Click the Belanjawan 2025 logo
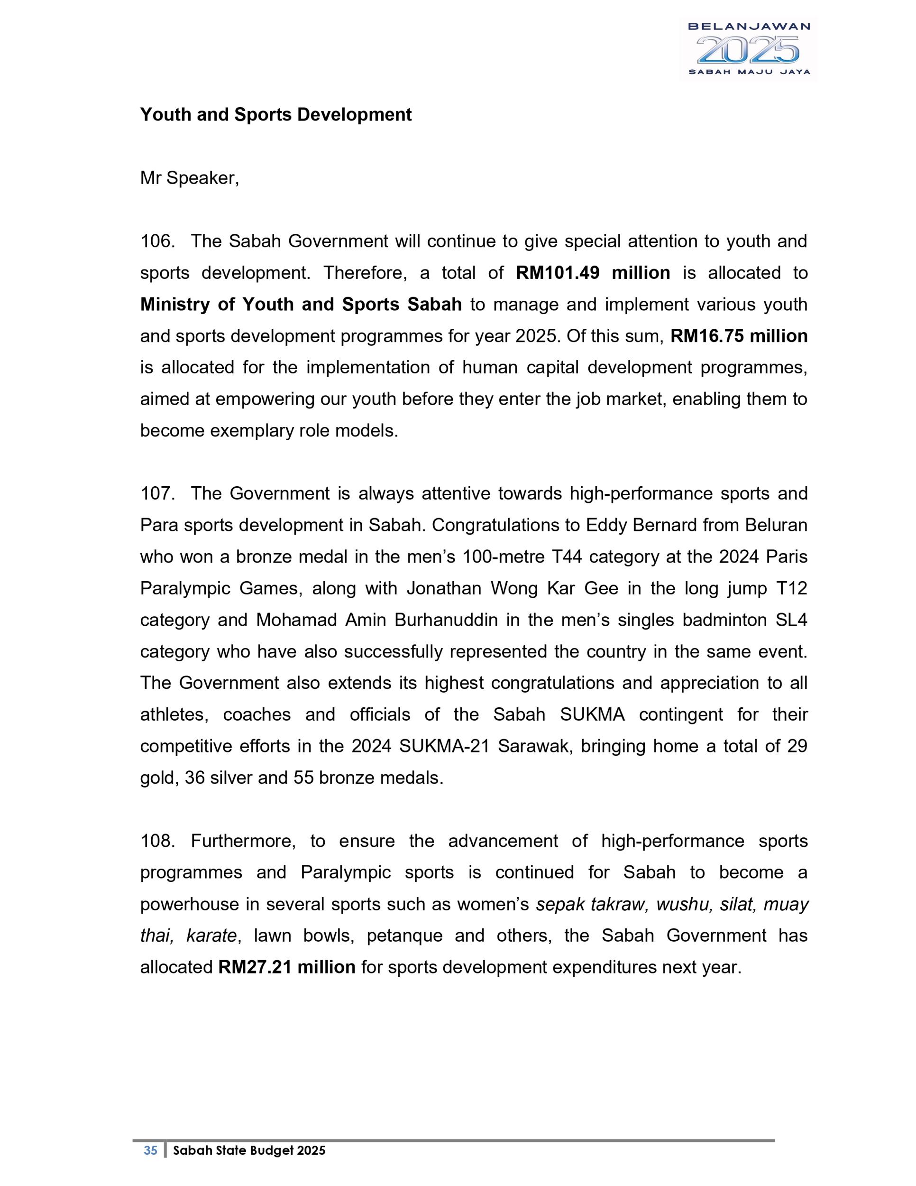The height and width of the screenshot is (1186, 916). (x=748, y=49)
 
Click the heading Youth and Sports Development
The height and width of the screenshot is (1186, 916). (x=275, y=115)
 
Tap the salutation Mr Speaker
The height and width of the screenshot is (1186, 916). (x=189, y=178)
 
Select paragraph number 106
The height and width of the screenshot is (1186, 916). (x=157, y=241)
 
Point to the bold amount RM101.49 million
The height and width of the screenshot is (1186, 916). (x=593, y=273)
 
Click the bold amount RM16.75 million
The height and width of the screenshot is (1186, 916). (x=739, y=336)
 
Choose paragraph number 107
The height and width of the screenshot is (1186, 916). (x=157, y=494)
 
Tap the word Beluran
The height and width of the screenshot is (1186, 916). (x=776, y=525)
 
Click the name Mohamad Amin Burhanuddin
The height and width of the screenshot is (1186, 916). (x=376, y=620)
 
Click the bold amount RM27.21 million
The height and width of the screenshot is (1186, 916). (x=286, y=968)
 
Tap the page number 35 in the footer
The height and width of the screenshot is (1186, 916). (x=150, y=1150)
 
